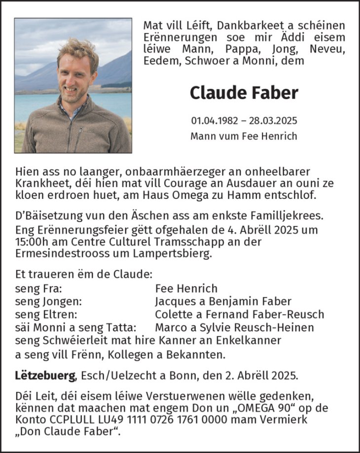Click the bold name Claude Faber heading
[244, 92]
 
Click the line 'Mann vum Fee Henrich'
[244, 136]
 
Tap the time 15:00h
[30, 242]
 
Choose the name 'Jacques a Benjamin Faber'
[223, 302]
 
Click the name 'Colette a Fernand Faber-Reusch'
[239, 314]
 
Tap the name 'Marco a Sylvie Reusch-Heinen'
[234, 327]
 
